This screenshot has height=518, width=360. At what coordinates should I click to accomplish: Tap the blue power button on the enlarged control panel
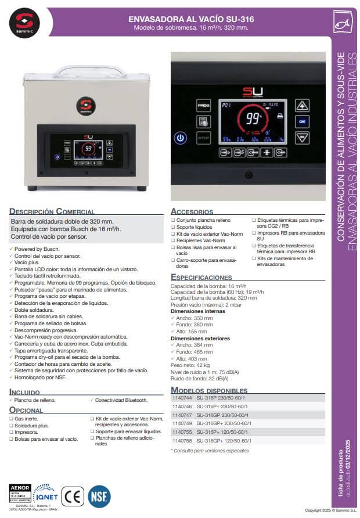coord(181,138)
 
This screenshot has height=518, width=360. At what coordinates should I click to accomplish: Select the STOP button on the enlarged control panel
coord(204,138)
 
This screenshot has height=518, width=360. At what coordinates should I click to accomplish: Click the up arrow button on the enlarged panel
coord(301,106)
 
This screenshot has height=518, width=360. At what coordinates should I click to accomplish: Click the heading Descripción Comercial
coord(52,212)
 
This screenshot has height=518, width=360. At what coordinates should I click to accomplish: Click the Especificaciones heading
coord(201,278)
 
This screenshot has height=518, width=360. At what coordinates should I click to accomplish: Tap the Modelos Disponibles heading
coord(209,390)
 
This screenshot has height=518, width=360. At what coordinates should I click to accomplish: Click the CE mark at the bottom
coord(73,497)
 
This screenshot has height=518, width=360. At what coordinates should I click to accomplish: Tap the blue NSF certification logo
coord(98,497)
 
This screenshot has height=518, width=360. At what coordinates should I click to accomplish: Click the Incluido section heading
coord(25,392)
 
